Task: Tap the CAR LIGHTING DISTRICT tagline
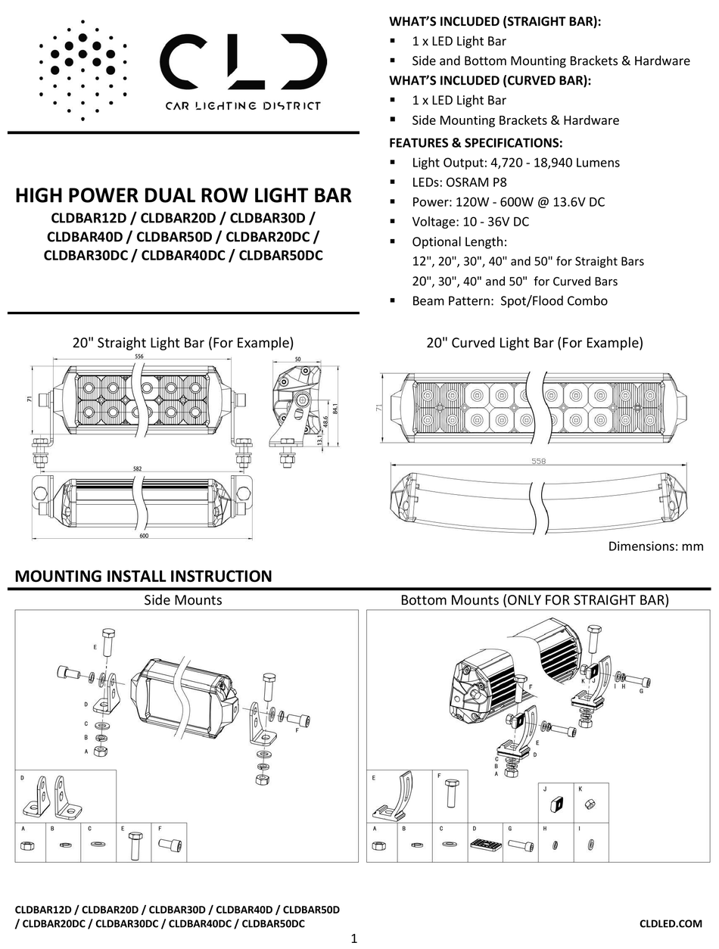point(242,106)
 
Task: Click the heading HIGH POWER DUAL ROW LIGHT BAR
point(183,196)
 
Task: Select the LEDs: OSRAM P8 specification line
point(459,182)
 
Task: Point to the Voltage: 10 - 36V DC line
point(470,222)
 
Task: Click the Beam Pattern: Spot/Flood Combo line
point(509,300)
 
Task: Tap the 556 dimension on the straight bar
point(139,356)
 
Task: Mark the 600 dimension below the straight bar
point(143,537)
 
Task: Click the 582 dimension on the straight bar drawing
point(138,469)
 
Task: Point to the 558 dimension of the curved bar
point(538,461)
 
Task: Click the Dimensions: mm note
point(655,546)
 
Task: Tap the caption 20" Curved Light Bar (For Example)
point(534,343)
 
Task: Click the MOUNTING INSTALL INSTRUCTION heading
point(143,576)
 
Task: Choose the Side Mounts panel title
point(183,600)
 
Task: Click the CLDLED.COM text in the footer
point(671,923)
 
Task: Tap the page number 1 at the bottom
point(354,939)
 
